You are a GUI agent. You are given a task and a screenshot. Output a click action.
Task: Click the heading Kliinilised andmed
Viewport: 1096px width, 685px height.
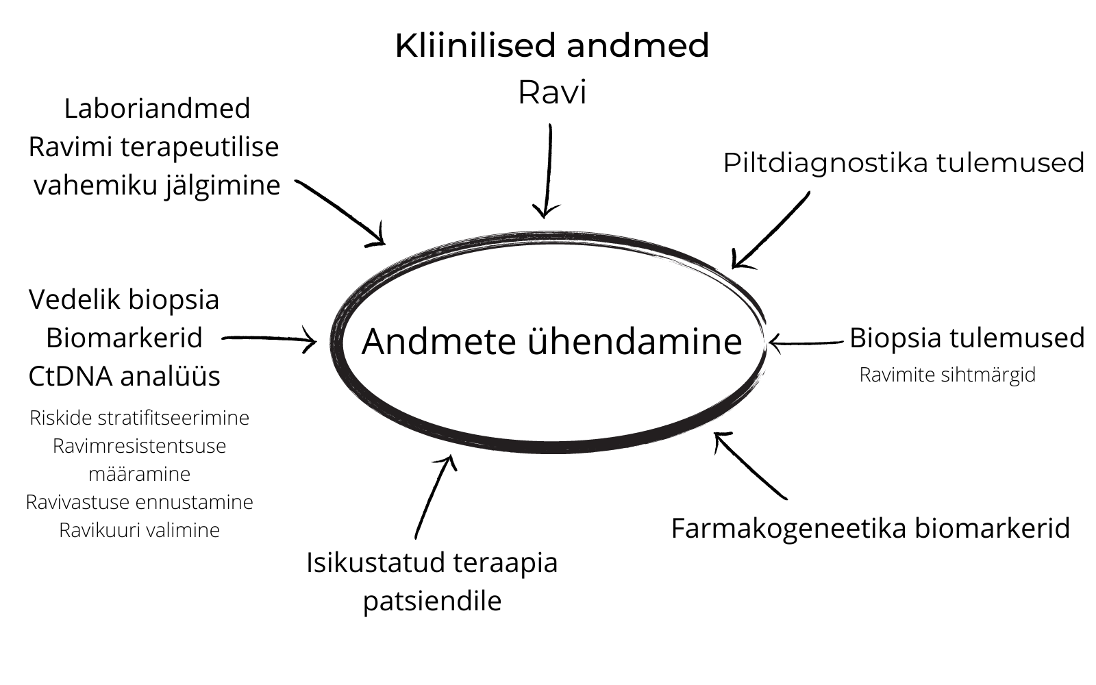[x=551, y=46]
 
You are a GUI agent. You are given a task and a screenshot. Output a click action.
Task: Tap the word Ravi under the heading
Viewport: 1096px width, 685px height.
[x=552, y=92]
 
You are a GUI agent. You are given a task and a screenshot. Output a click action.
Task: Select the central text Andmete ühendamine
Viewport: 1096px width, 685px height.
[x=551, y=341]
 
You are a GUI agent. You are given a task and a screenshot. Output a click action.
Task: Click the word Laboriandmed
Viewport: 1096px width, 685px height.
[x=157, y=108]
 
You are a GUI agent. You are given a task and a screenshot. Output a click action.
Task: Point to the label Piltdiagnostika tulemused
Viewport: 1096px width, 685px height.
[x=904, y=163]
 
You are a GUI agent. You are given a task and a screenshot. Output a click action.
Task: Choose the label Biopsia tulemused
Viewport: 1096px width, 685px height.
[x=967, y=338]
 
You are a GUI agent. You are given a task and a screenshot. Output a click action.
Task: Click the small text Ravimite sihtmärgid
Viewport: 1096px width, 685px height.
[x=947, y=375]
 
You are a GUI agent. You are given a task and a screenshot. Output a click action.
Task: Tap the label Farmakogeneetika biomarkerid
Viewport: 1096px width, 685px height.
[x=870, y=528]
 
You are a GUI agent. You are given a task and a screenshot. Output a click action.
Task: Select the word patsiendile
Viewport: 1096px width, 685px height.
[x=432, y=601]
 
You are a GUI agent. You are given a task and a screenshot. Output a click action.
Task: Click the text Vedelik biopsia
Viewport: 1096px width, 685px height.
[x=124, y=299]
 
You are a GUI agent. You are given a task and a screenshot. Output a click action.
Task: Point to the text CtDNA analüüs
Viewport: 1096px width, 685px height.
[x=124, y=376]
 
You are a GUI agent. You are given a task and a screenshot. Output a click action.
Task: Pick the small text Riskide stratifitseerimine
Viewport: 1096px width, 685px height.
[x=139, y=418]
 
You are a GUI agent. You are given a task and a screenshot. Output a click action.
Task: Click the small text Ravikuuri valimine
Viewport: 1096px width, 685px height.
[x=139, y=530]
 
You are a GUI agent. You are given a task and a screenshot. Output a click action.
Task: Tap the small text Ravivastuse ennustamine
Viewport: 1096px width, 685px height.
[x=139, y=502]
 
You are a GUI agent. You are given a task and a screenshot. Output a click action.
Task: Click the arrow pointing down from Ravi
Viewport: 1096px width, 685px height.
[x=547, y=171]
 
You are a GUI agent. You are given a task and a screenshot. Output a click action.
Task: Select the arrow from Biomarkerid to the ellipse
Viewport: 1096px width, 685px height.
[x=269, y=338]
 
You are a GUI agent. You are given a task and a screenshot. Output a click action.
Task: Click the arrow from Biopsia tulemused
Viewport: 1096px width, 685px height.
[x=806, y=342]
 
